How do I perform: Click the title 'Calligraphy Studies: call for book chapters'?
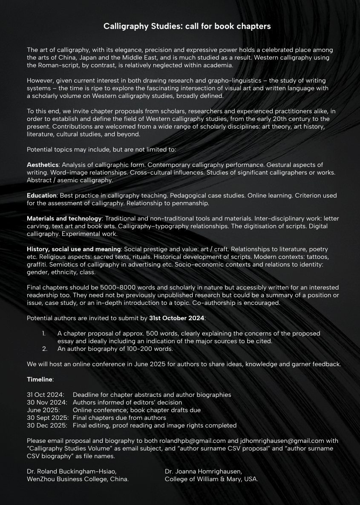click(187, 26)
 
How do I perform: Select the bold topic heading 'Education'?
click(42, 195)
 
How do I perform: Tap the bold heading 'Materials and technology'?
click(64, 218)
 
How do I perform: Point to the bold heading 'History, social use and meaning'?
click(74, 249)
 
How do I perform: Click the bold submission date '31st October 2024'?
click(176, 318)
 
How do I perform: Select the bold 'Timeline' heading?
click(40, 379)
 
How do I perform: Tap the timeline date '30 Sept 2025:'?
click(48, 418)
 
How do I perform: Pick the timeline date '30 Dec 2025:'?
click(47, 425)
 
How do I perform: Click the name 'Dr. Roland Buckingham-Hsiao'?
click(72, 471)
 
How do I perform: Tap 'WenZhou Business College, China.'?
click(78, 479)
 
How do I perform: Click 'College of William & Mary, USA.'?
click(211, 479)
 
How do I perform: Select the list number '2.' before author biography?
click(45, 349)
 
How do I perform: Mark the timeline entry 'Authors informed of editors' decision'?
click(127, 402)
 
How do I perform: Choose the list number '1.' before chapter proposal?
click(44, 333)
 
